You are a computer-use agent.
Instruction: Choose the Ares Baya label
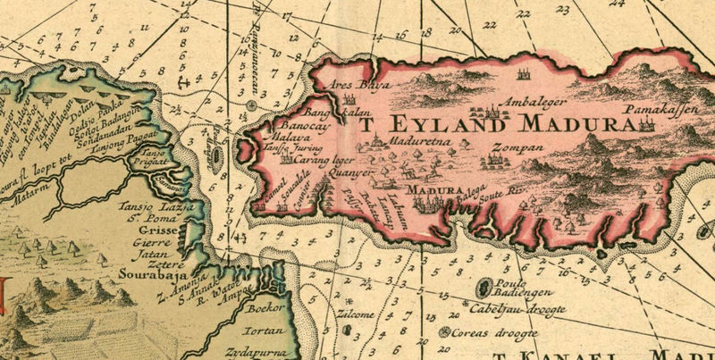pos(356,86)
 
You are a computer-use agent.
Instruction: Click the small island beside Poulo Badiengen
pos(484,288)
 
